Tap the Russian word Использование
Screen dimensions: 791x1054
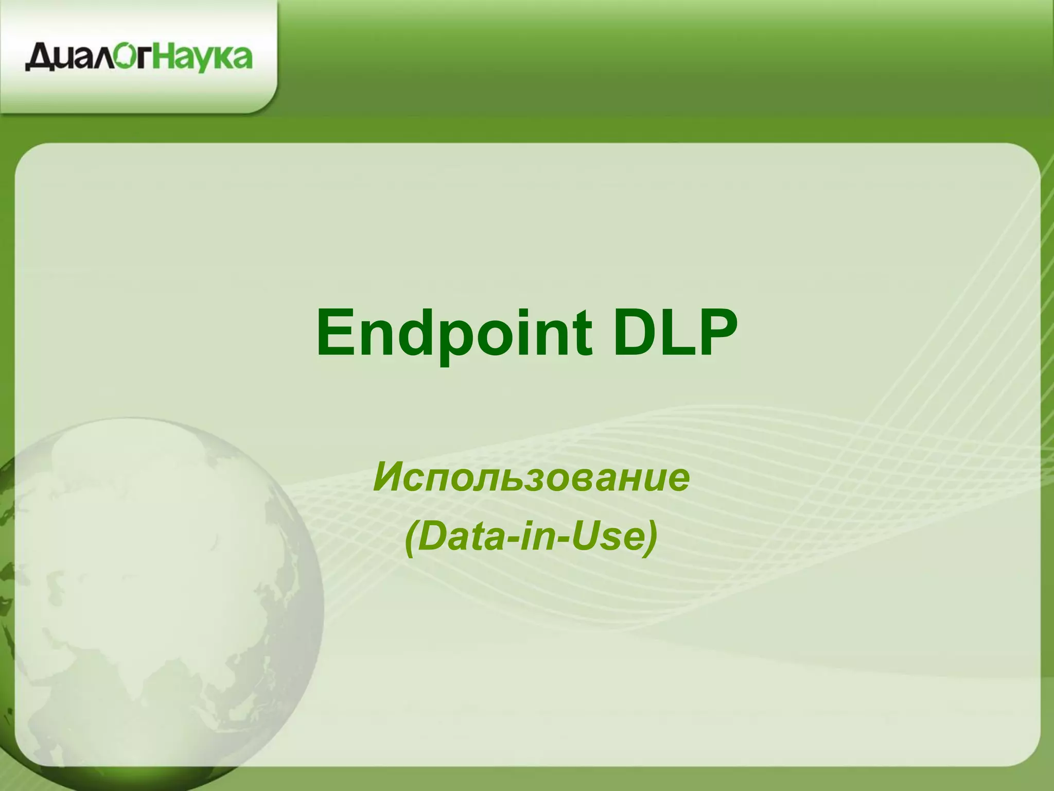(x=531, y=477)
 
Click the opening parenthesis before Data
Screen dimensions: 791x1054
(x=411, y=538)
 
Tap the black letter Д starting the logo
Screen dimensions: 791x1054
(x=38, y=58)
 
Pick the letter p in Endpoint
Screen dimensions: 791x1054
(x=446, y=340)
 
